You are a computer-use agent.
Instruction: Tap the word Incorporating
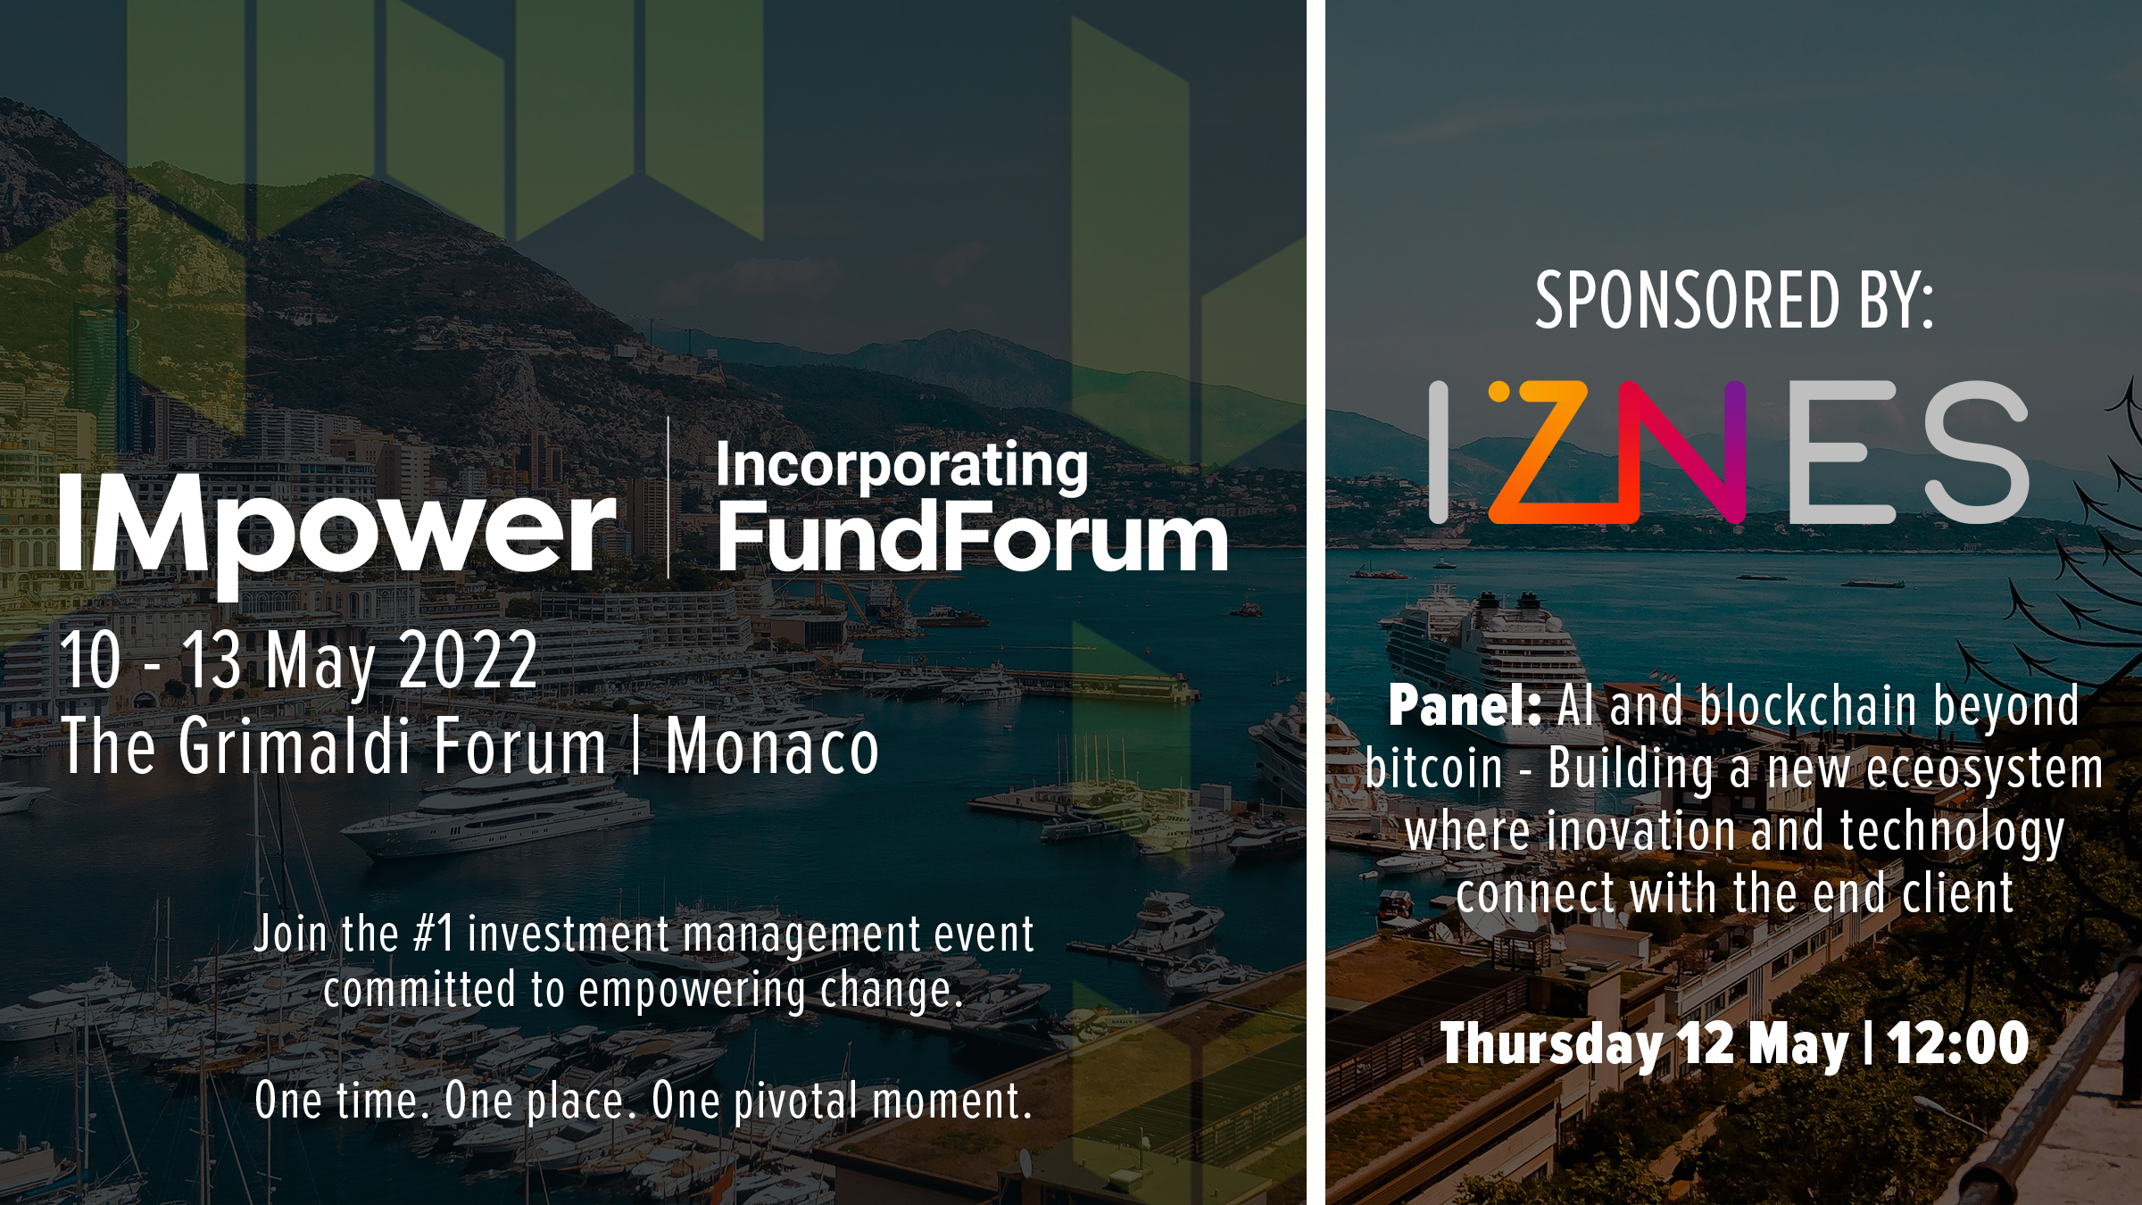[902, 466]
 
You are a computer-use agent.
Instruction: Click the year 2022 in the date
[468, 660]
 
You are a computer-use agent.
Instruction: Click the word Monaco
[773, 746]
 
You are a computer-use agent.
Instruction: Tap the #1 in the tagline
[435, 935]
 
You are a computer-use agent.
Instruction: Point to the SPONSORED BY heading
[1734, 302]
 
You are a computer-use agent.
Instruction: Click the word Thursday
[1551, 1045]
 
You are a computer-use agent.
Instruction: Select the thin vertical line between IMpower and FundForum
[668, 497]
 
